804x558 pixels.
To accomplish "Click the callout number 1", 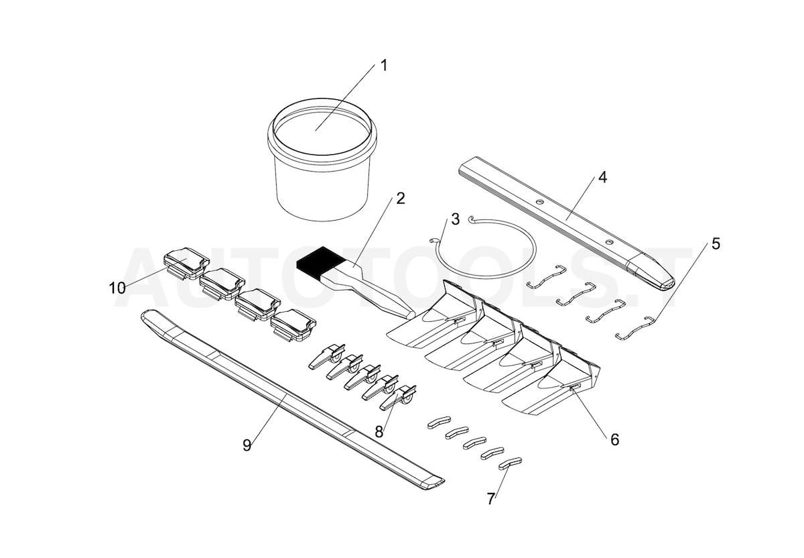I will point(384,66).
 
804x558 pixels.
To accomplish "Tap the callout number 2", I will point(401,198).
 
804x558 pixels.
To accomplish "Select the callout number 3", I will point(455,219).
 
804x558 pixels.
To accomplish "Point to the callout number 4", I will point(602,177).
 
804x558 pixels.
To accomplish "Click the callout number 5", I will point(716,243).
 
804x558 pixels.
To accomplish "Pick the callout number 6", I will point(614,439).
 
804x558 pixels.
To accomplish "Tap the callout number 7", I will point(491,499).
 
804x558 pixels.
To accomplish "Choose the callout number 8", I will point(379,432).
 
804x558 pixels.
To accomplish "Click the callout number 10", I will point(117,288).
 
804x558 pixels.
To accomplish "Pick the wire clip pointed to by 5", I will point(635,327).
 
